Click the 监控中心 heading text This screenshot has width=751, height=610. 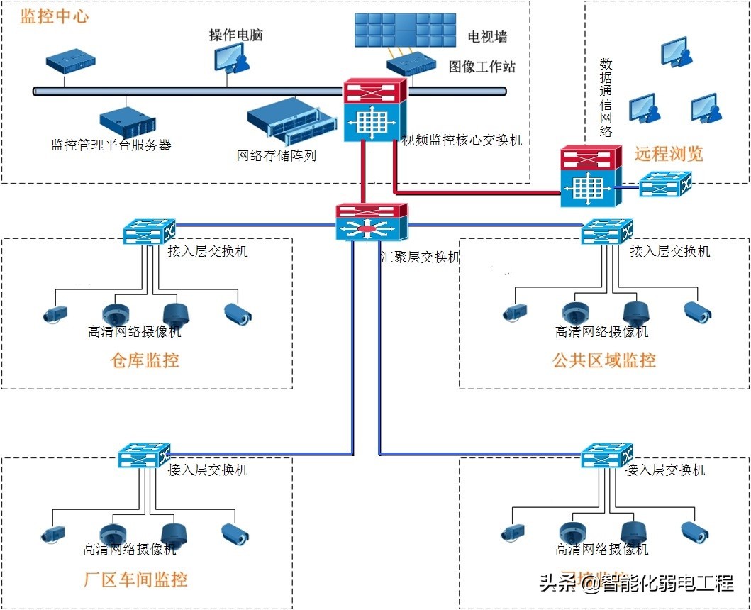tap(55, 16)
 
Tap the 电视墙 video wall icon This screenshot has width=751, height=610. tap(404, 30)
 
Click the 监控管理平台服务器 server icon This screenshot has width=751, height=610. tap(127, 121)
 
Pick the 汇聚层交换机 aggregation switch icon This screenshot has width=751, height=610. tap(372, 222)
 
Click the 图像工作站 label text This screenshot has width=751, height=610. tap(482, 67)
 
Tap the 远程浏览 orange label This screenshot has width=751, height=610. tap(668, 154)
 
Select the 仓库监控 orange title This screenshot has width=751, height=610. tap(145, 360)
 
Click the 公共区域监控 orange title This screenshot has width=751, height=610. tap(604, 360)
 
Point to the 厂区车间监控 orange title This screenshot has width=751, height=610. tap(135, 579)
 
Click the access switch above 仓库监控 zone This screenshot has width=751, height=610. tap(148, 232)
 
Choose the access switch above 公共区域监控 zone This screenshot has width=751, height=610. tap(606, 232)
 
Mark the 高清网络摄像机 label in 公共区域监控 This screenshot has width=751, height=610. tap(601, 331)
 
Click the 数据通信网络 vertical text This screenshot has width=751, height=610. tap(606, 97)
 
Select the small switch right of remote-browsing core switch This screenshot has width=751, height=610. tap(664, 186)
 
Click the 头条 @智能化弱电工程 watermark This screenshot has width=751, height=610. tap(635, 584)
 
